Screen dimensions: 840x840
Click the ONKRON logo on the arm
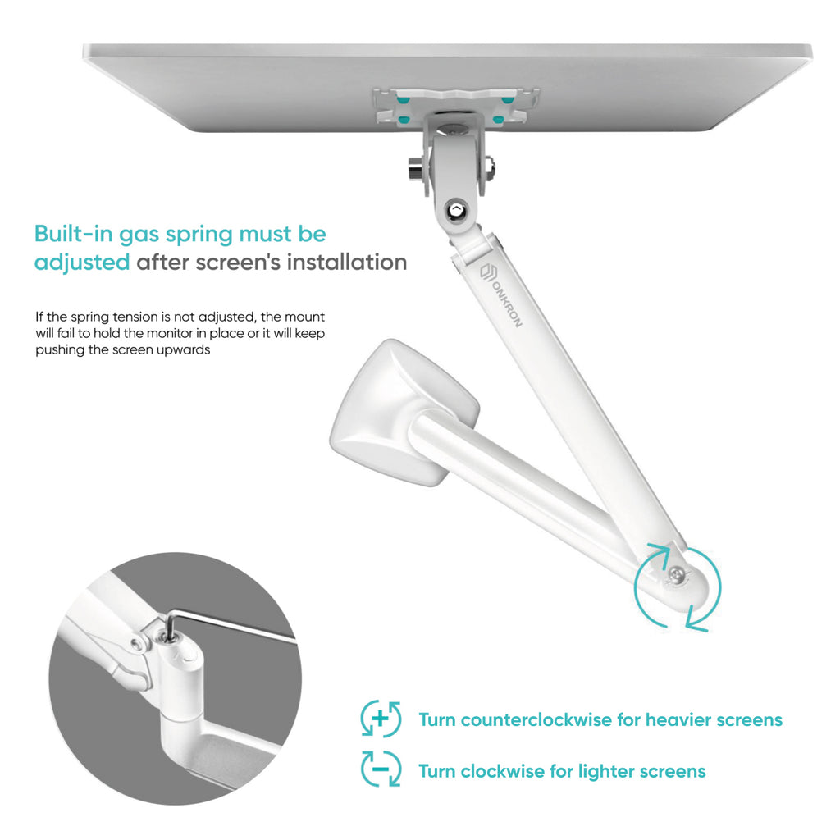pos(500,295)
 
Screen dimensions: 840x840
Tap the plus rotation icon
pos(381,719)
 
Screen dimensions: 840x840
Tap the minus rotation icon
pos(381,769)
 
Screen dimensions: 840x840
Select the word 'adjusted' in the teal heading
pos(82,262)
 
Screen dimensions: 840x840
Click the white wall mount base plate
pos(404,412)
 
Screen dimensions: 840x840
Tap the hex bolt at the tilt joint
pos(456,209)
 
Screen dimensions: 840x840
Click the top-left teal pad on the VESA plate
pos(403,99)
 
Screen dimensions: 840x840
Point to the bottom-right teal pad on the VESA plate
pos(499,119)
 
